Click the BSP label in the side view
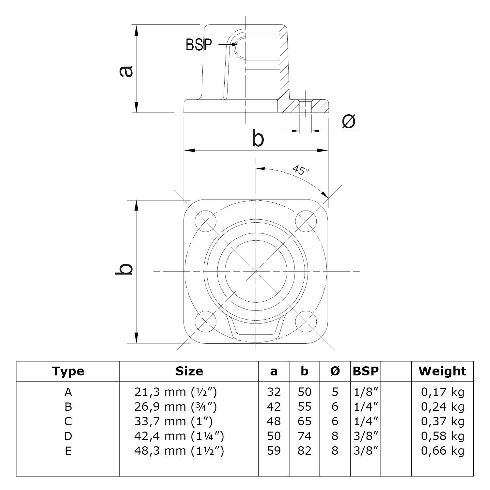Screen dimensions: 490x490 (x=198, y=45)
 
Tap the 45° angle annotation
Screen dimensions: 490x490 (x=301, y=170)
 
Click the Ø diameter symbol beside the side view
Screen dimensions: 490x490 (x=348, y=121)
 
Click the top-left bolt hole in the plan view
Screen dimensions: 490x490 (x=206, y=221)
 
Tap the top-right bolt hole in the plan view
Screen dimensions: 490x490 (x=306, y=221)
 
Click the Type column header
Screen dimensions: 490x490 (x=68, y=371)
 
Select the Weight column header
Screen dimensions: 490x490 (x=442, y=371)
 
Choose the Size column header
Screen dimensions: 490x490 (x=189, y=371)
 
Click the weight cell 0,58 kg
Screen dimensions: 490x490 (x=442, y=436)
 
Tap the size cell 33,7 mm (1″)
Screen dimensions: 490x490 (x=173, y=421)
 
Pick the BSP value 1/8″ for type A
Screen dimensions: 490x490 (x=366, y=392)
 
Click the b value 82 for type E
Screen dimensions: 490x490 (x=304, y=451)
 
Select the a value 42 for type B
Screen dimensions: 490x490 (x=274, y=407)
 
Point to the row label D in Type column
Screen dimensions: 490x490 (x=68, y=436)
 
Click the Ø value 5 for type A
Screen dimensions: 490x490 (x=335, y=392)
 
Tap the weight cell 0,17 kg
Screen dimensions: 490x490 (x=442, y=392)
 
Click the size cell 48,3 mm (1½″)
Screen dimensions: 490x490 (x=179, y=451)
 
